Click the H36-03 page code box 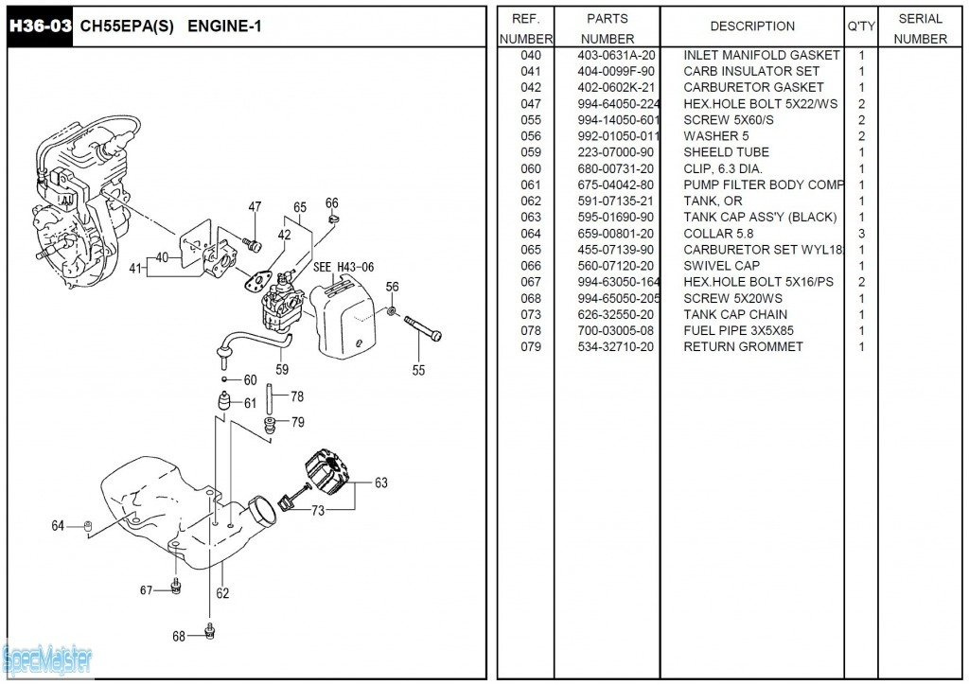[40, 26]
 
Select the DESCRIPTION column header [752, 26]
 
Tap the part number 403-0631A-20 [616, 55]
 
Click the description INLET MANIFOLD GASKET [761, 55]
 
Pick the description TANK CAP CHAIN [735, 314]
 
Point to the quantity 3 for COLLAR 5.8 [861, 234]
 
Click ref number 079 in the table [531, 346]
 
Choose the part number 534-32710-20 [616, 346]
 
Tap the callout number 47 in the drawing [255, 207]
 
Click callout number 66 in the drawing [331, 203]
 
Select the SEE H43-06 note [343, 267]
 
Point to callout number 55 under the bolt [418, 371]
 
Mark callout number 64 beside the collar [58, 525]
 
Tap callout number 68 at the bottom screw [179, 637]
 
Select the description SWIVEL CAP [721, 266]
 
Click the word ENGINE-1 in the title [224, 26]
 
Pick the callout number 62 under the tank [222, 594]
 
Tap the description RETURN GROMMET [743, 346]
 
